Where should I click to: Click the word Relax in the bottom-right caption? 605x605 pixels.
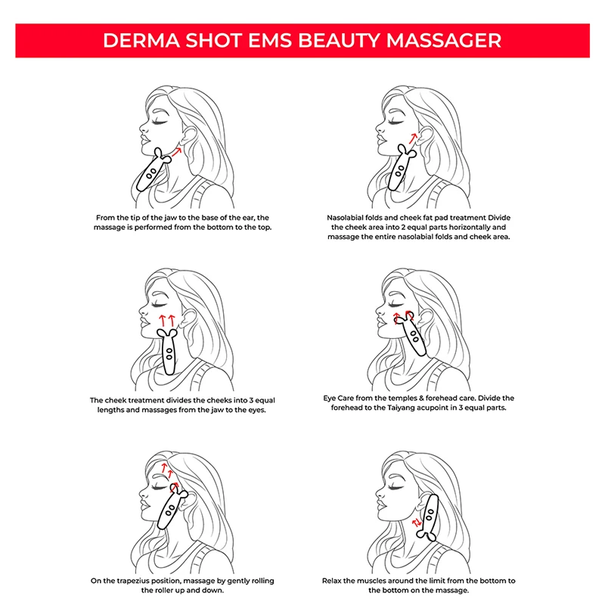(x=334, y=580)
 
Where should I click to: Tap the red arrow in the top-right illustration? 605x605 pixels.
(x=411, y=138)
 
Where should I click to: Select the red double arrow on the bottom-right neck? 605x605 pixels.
(x=416, y=523)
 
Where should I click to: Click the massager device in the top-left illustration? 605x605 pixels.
(x=154, y=173)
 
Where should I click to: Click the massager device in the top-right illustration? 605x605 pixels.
(x=399, y=171)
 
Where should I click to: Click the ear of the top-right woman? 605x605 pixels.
(x=423, y=139)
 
